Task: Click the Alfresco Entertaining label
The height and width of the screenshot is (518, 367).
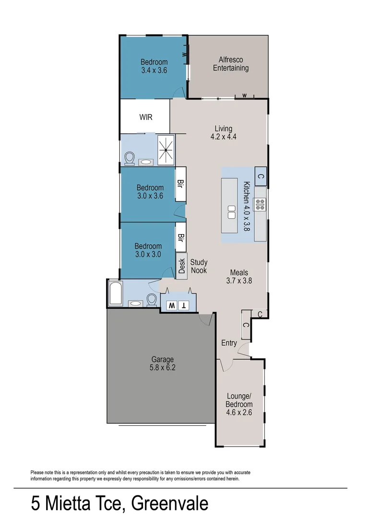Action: click(x=231, y=64)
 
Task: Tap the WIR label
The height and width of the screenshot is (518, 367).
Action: click(x=146, y=117)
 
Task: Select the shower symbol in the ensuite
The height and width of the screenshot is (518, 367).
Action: click(x=166, y=150)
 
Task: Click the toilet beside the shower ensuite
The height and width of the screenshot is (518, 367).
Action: click(x=129, y=158)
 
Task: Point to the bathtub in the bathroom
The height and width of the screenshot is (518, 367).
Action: click(x=116, y=294)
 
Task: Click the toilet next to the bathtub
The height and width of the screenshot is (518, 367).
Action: click(x=152, y=300)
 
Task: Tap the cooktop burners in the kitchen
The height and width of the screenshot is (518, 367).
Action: click(x=260, y=205)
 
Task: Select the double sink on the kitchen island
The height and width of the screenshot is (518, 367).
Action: click(x=231, y=212)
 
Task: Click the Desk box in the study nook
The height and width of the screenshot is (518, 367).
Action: click(x=181, y=266)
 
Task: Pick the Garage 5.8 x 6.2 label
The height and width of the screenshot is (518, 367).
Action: click(x=162, y=363)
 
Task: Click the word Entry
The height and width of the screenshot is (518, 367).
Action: click(x=229, y=343)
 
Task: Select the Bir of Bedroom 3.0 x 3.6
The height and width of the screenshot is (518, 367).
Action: click(x=181, y=184)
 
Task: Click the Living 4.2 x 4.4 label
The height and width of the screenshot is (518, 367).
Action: click(x=224, y=132)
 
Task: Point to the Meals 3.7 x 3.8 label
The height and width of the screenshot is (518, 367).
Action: click(x=239, y=277)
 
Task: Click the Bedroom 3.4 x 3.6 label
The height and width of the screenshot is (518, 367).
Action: click(x=154, y=66)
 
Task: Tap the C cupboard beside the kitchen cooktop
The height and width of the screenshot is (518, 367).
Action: click(x=260, y=176)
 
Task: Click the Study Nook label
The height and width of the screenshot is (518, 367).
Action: click(x=199, y=266)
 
